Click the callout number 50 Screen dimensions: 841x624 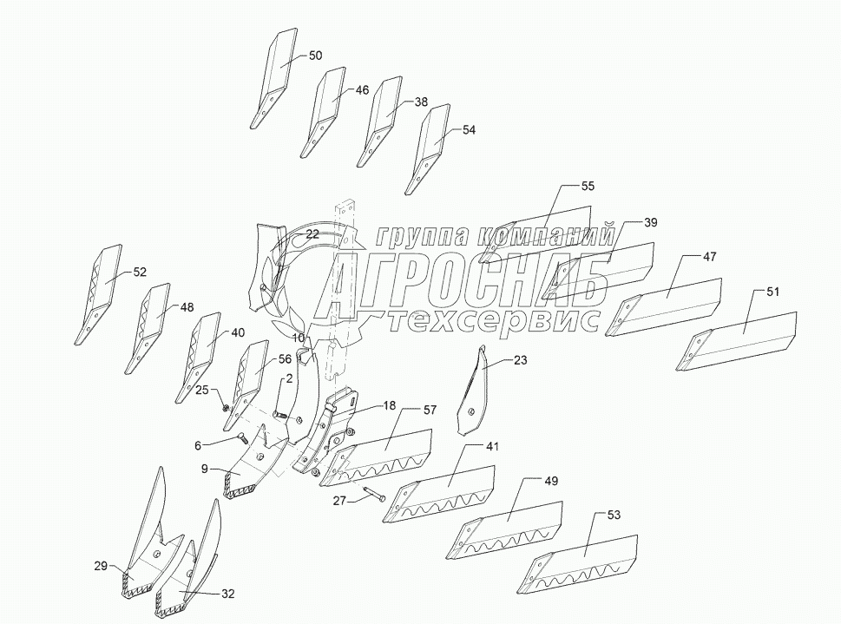click(x=315, y=56)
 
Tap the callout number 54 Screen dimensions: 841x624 click(x=469, y=130)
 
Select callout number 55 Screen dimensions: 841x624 click(x=588, y=187)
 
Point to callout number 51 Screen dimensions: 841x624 click(x=772, y=292)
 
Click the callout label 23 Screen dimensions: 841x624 click(x=519, y=359)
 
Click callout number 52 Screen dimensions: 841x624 click(x=140, y=272)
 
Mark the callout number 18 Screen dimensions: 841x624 click(x=389, y=405)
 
